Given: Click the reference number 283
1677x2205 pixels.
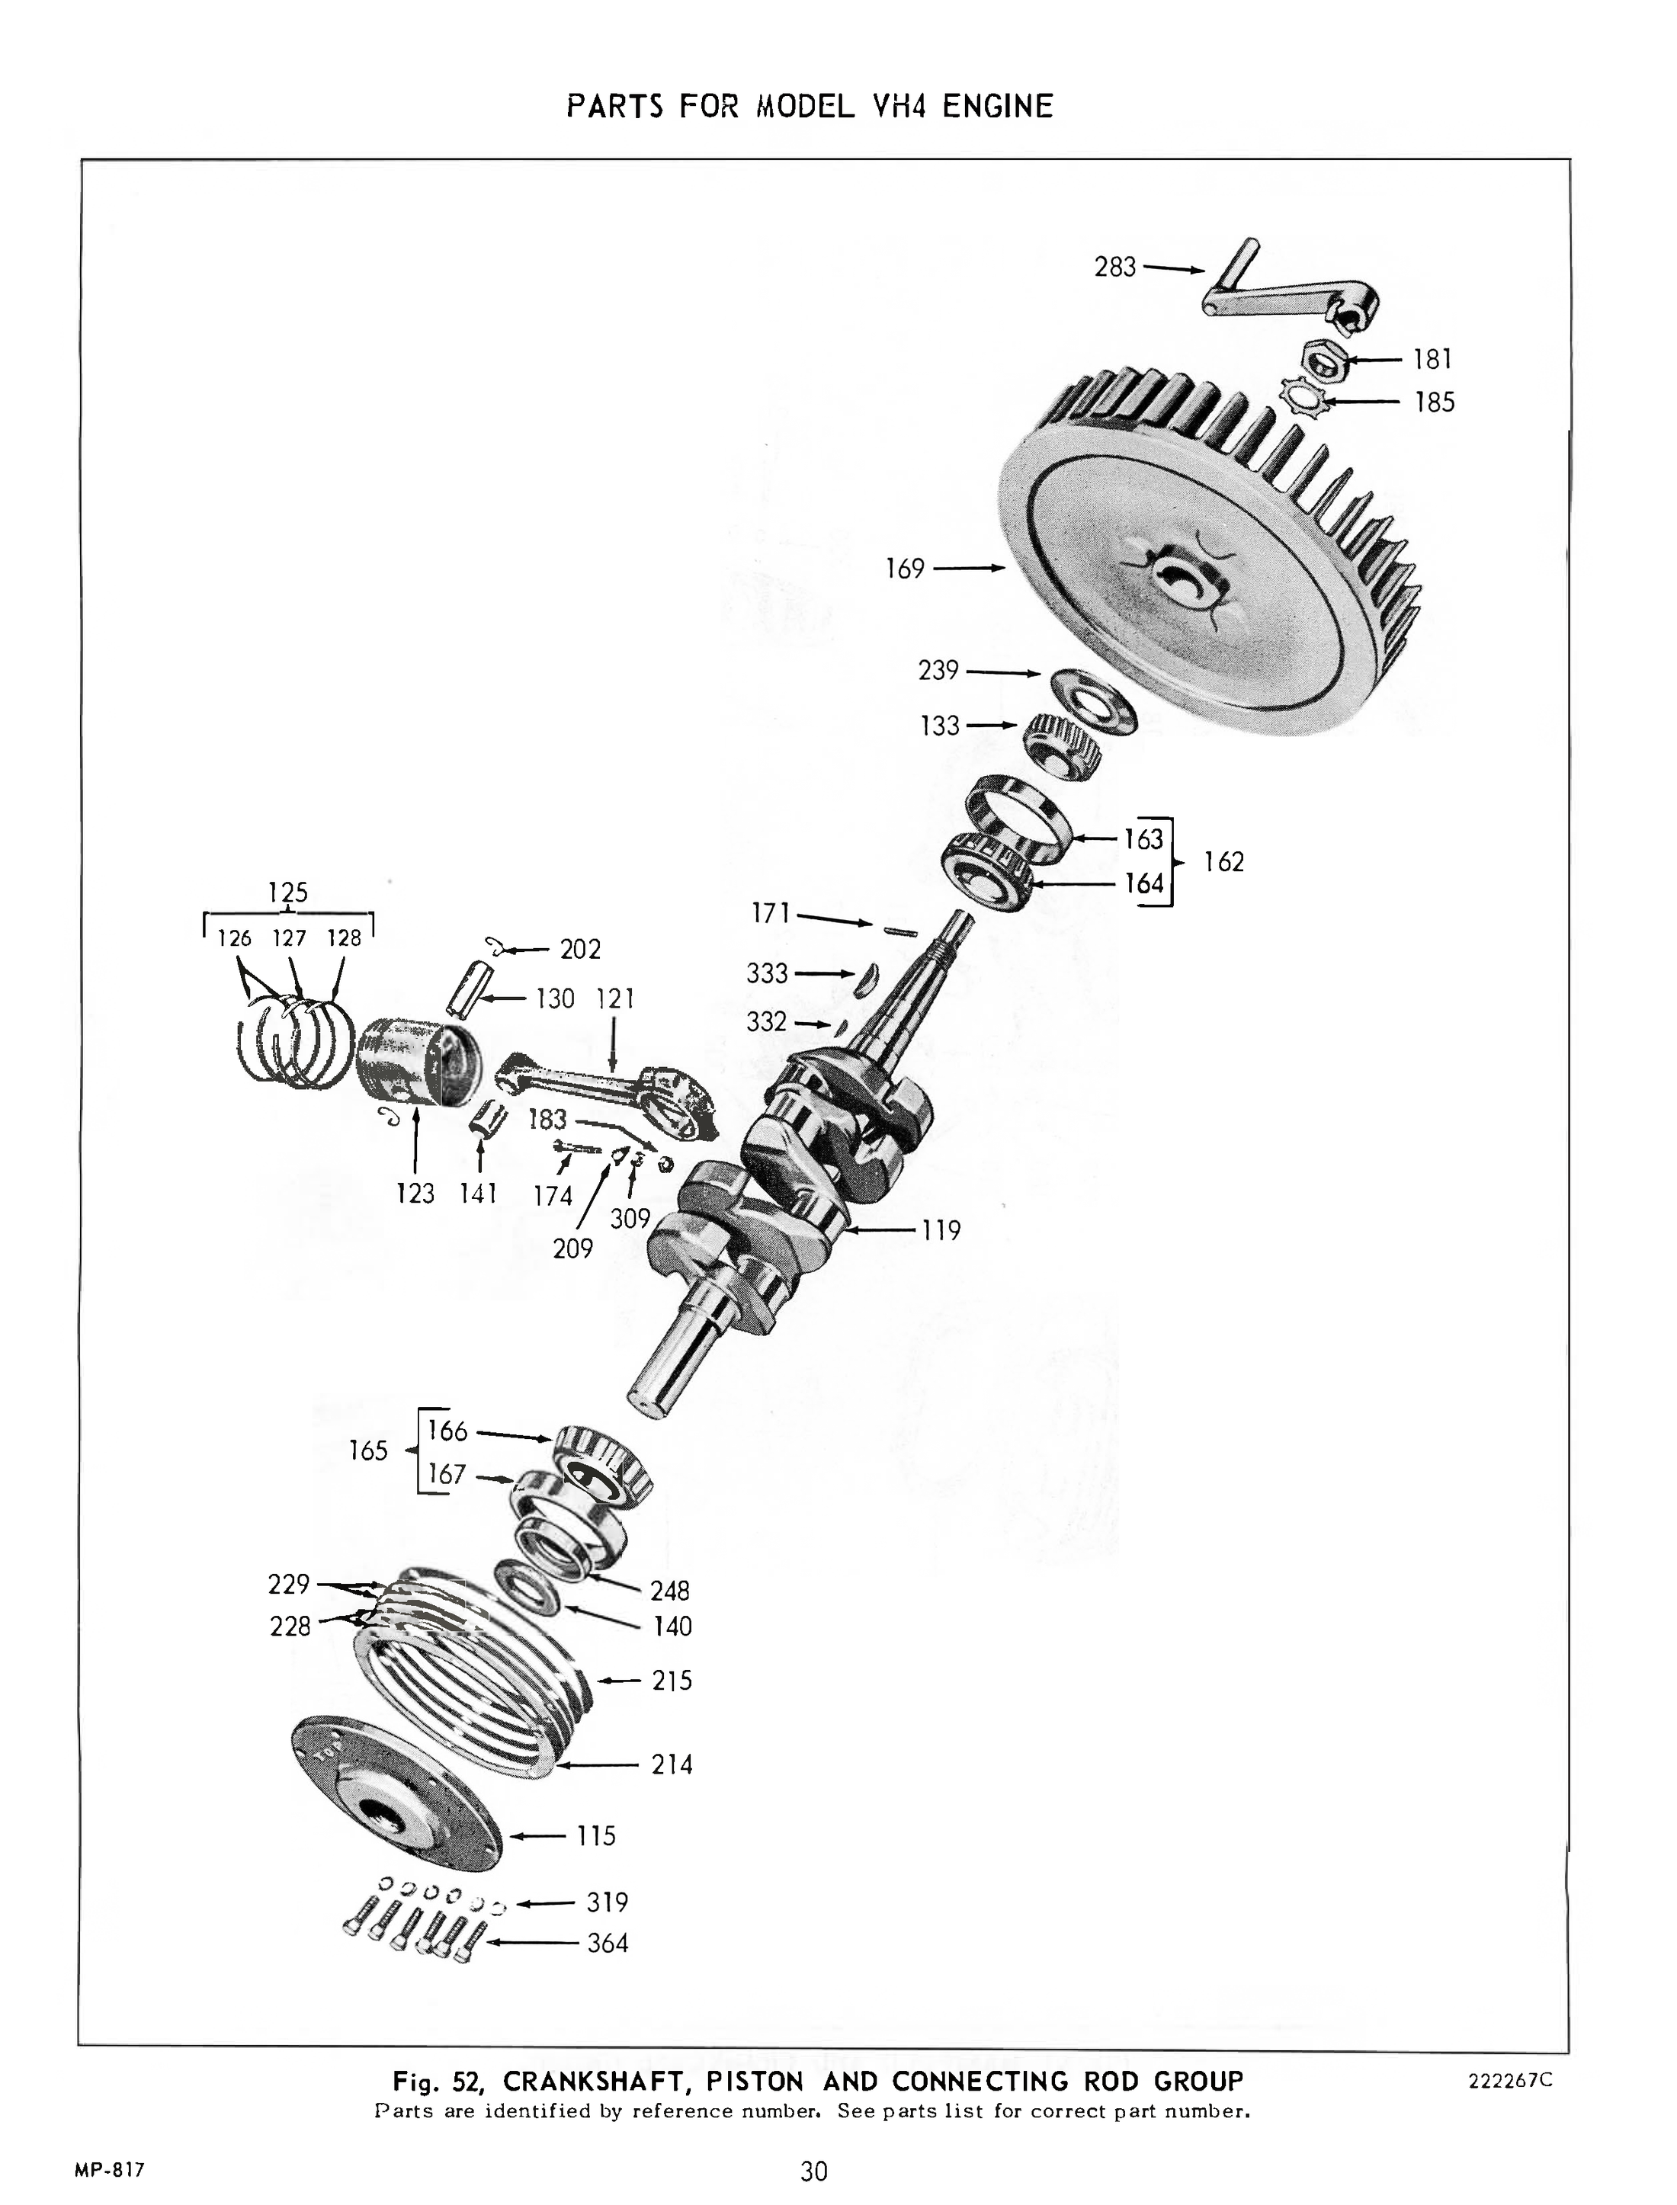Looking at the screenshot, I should [1115, 267].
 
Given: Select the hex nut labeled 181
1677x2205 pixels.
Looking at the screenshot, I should [1326, 361].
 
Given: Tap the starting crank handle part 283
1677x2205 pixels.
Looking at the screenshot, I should [1287, 297].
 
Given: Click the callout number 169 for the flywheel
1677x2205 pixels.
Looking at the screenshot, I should [904, 569].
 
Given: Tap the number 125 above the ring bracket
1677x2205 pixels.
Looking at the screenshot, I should [287, 892].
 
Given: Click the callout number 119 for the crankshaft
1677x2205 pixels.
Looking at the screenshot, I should [941, 1231].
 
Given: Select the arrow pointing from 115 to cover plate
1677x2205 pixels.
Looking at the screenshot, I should [539, 1835].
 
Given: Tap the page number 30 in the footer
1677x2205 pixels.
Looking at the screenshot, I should [813, 2171].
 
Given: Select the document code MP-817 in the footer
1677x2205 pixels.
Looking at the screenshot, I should [110, 2170].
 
